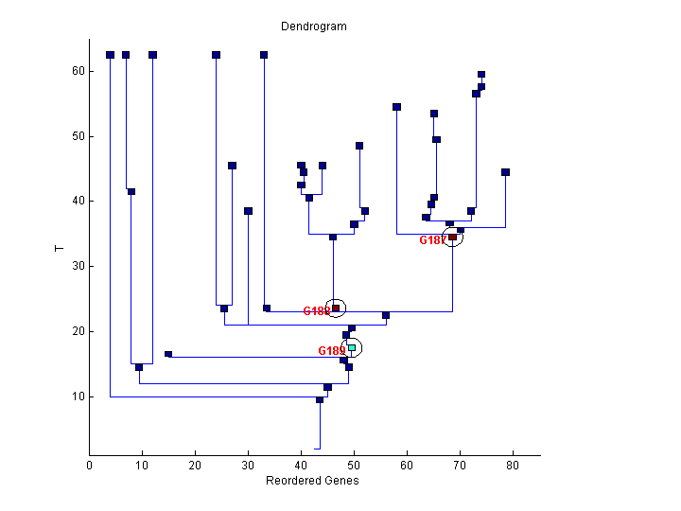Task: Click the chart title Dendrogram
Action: click(x=314, y=26)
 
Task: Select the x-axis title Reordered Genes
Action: click(x=312, y=481)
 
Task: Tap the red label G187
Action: click(x=432, y=240)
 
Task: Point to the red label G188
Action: click(x=316, y=310)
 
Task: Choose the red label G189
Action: click(x=331, y=351)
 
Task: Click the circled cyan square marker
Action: click(x=352, y=348)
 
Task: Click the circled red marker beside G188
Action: click(x=336, y=308)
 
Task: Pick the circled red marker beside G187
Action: click(x=453, y=237)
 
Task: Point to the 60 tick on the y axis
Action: click(x=78, y=71)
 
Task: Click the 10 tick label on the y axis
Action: click(x=78, y=396)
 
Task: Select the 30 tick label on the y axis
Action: click(x=78, y=266)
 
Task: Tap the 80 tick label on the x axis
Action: click(x=514, y=465)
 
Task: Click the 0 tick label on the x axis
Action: click(x=90, y=465)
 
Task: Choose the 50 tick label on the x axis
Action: click(x=355, y=465)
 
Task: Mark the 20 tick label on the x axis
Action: click(x=196, y=465)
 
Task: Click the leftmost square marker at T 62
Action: click(x=110, y=55)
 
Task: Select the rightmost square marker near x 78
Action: click(x=505, y=172)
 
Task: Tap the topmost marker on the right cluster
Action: click(x=481, y=74)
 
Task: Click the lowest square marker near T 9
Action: click(x=320, y=400)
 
